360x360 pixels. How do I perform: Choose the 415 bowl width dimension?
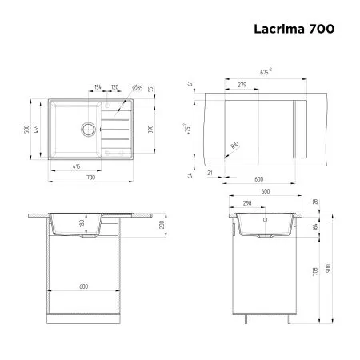(x=75, y=166)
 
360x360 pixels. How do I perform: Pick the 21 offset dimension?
(x=210, y=171)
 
